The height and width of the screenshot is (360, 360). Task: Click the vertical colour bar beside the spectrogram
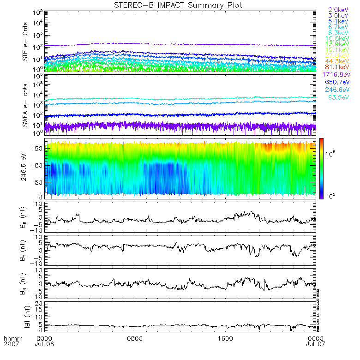pyautogui.click(x=321, y=168)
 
